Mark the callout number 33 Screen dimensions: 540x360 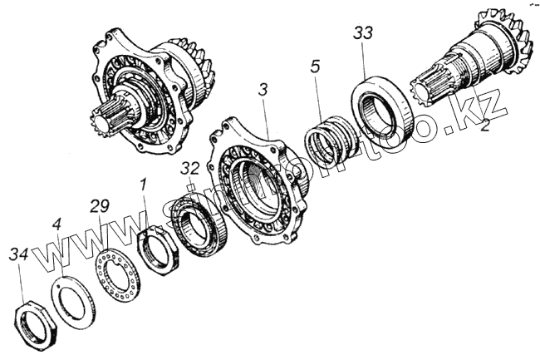pos(363,33)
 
